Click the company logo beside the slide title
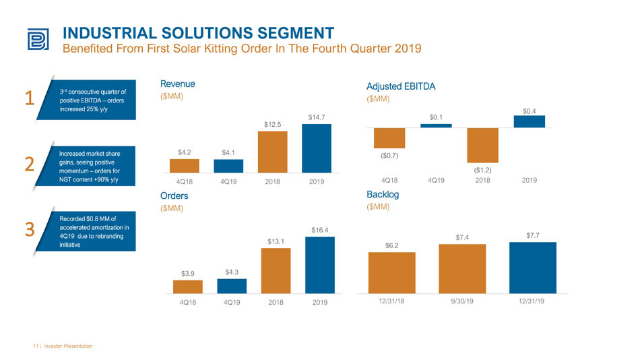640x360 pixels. click(x=38, y=39)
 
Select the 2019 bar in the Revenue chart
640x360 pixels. click(x=317, y=148)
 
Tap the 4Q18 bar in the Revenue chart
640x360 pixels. click(x=185, y=166)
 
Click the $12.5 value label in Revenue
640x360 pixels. click(x=272, y=124)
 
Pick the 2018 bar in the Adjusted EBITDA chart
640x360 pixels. click(x=482, y=146)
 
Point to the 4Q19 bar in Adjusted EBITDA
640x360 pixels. click(x=436, y=126)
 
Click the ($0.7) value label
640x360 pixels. click(x=389, y=156)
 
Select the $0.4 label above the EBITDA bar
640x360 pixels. click(x=530, y=111)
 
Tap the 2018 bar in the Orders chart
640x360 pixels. click(x=276, y=270)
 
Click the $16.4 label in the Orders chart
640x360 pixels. click(x=319, y=230)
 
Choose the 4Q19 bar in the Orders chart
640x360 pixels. click(x=232, y=286)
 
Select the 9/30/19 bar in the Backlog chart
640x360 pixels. click(x=462, y=269)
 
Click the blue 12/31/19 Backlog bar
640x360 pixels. click(x=533, y=268)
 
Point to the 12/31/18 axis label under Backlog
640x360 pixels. click(x=391, y=301)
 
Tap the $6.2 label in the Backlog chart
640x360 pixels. click(x=392, y=245)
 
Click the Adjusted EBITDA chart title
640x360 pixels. click(x=401, y=86)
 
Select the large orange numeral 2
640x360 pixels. click(x=30, y=164)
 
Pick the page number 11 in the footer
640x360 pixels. click(x=35, y=346)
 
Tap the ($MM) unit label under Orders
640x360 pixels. click(x=171, y=208)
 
